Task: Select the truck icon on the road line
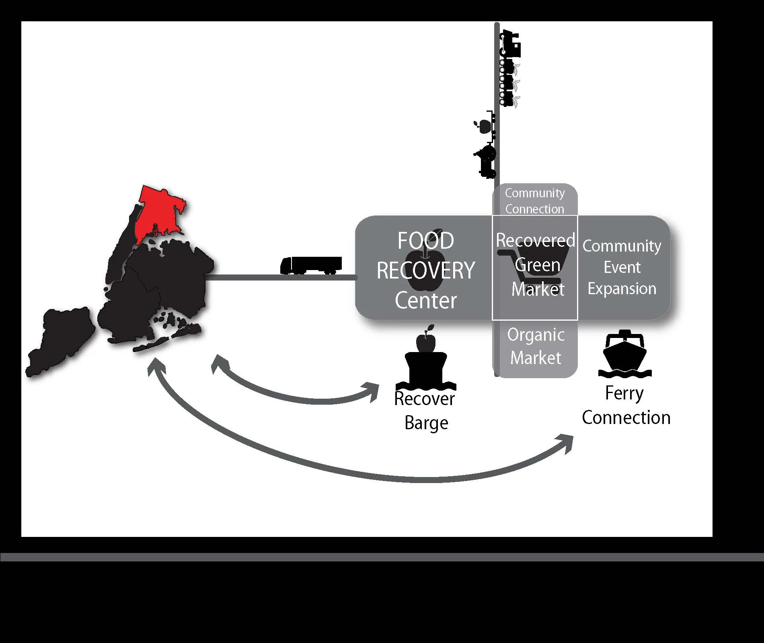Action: pyautogui.click(x=311, y=266)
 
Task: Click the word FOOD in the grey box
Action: pyautogui.click(x=426, y=241)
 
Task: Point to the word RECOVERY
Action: pyautogui.click(x=426, y=270)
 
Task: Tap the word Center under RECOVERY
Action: pyautogui.click(x=426, y=300)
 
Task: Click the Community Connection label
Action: pyautogui.click(x=535, y=201)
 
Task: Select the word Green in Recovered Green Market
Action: pyautogui.click(x=538, y=265)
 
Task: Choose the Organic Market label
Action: pyautogui.click(x=536, y=346)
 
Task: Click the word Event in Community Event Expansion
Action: pyautogui.click(x=622, y=267)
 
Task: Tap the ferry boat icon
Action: pyautogui.click(x=625, y=353)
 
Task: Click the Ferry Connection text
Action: pyautogui.click(x=626, y=405)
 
